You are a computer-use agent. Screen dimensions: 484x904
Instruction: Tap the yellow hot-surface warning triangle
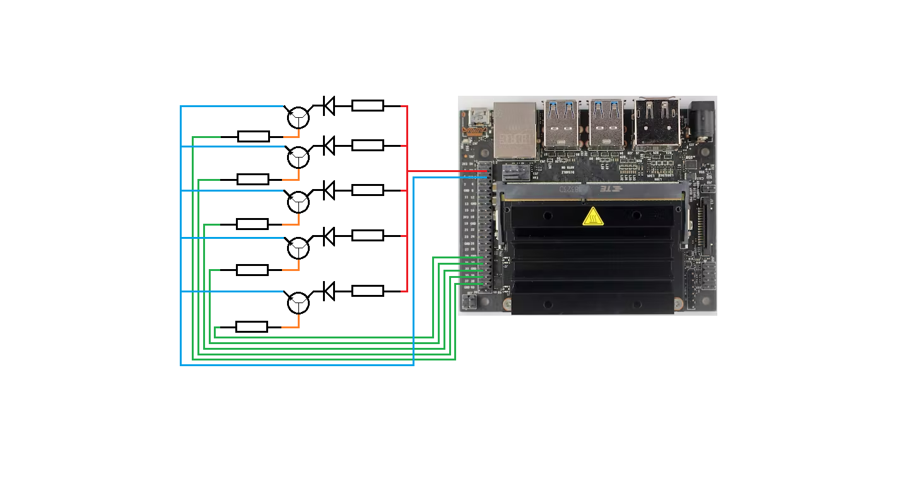(x=592, y=217)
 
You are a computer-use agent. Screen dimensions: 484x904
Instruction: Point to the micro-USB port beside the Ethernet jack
(x=478, y=117)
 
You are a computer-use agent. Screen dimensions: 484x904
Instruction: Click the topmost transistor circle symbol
(x=298, y=117)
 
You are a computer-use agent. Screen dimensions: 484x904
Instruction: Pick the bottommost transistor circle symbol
(x=298, y=303)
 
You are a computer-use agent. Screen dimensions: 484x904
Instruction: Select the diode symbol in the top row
(x=329, y=105)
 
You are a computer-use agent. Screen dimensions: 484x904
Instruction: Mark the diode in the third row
(x=329, y=190)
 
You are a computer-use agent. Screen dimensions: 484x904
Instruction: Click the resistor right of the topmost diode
(x=367, y=105)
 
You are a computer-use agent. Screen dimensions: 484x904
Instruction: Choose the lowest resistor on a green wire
(x=251, y=326)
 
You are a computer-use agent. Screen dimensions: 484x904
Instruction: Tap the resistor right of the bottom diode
(x=367, y=291)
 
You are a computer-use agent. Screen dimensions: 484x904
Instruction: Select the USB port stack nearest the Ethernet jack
(x=561, y=124)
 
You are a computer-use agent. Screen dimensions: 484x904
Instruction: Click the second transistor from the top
(x=298, y=158)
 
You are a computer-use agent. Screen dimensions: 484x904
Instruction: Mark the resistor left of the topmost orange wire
(x=253, y=136)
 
